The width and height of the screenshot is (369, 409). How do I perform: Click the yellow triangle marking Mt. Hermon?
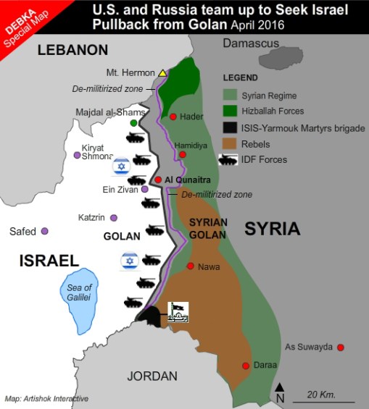point(163,73)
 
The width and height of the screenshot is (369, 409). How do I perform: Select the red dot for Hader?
point(173,117)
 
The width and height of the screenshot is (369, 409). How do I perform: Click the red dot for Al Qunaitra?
point(158,180)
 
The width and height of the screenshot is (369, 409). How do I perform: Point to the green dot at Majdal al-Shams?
point(134,123)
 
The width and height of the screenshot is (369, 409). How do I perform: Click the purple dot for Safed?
point(45,231)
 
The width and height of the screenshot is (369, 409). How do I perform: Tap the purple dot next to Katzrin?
point(114,217)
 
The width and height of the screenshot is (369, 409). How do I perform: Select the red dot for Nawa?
point(191,266)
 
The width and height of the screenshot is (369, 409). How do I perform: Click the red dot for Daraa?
point(246,366)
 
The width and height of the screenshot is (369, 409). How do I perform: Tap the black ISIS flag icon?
point(178,312)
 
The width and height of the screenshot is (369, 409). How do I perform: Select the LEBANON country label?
point(72,50)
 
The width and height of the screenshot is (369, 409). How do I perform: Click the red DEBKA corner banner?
point(22,22)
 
